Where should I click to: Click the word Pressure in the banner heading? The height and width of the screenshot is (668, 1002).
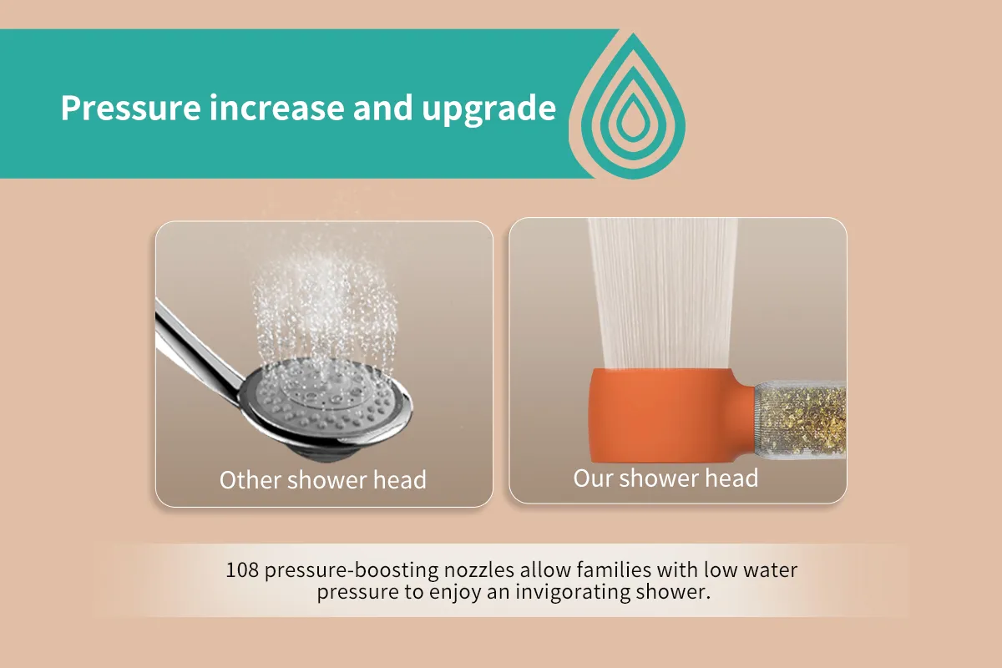[130, 108]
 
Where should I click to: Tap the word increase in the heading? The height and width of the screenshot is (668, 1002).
[276, 108]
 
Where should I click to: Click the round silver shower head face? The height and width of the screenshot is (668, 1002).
[329, 401]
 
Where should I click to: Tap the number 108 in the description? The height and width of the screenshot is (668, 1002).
[242, 570]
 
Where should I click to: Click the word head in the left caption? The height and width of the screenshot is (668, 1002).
[400, 480]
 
